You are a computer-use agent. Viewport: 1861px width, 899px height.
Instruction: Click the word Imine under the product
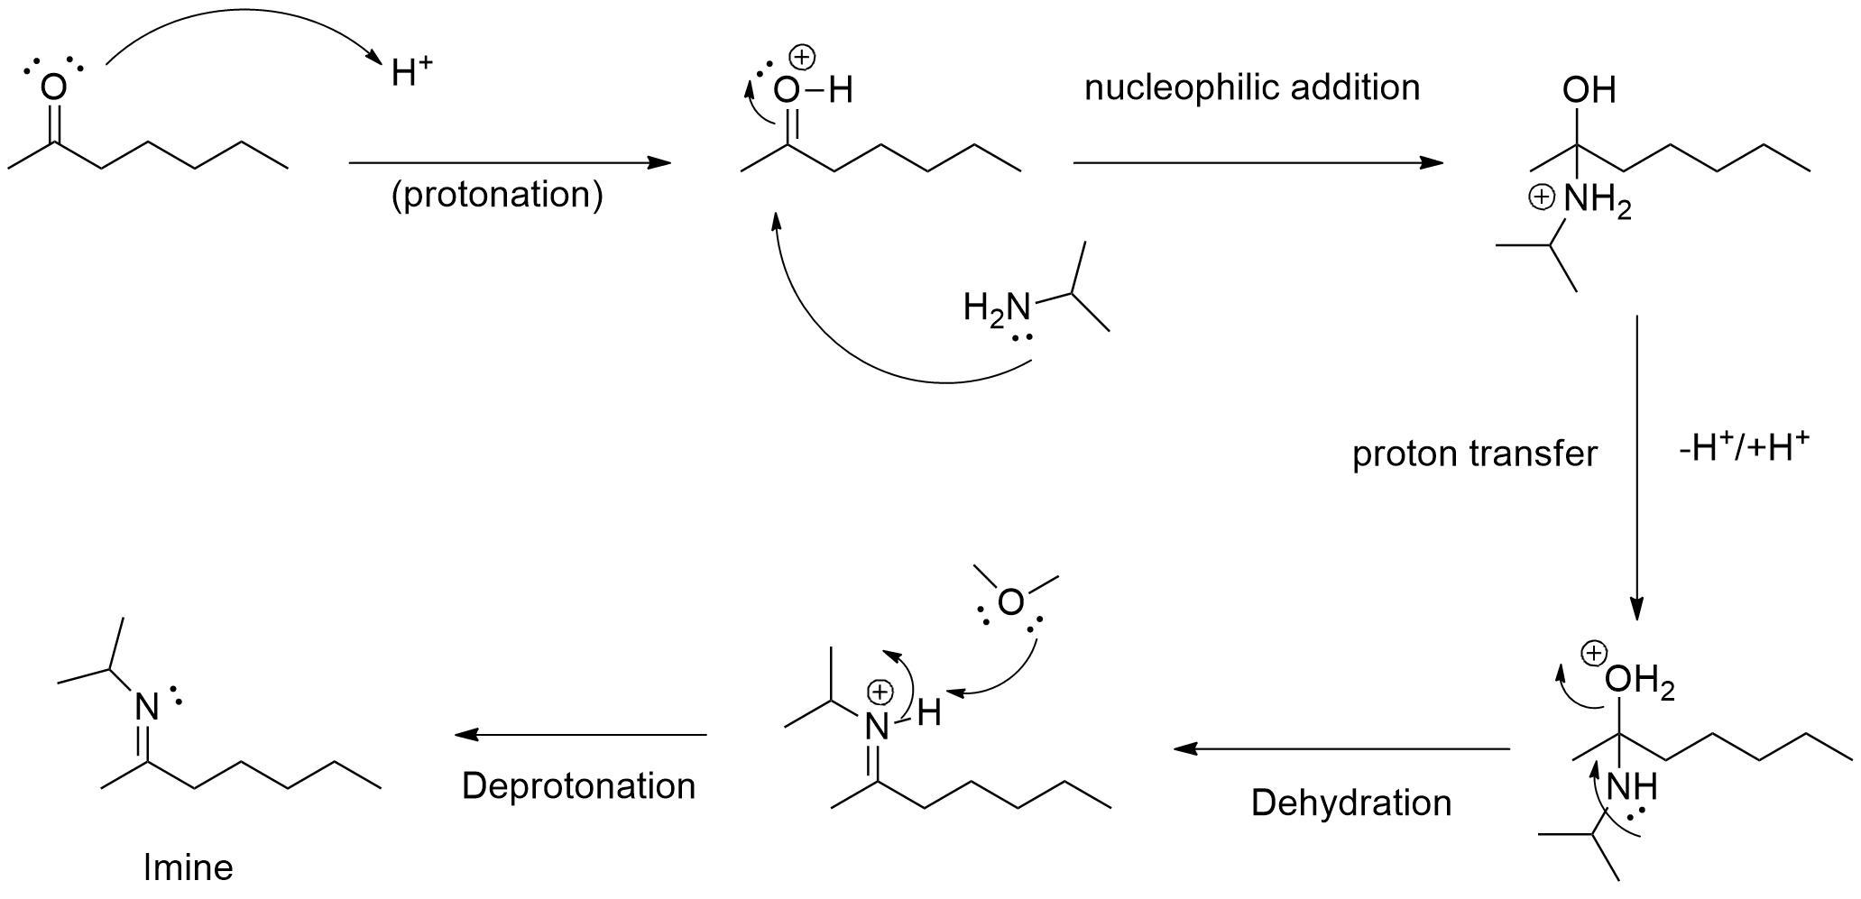click(189, 867)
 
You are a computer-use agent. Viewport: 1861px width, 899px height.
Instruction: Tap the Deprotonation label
click(578, 785)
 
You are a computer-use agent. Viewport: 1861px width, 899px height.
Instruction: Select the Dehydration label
click(1350, 803)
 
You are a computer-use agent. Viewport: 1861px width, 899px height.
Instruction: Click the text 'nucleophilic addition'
click(1251, 87)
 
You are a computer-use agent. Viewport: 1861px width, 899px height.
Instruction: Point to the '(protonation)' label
click(496, 195)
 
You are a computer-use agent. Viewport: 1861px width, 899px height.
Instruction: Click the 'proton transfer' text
click(1474, 454)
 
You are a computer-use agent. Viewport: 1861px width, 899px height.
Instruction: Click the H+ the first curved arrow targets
click(410, 73)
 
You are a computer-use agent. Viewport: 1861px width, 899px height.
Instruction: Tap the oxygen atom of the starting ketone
click(53, 87)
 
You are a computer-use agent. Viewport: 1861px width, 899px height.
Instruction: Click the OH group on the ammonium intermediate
click(1589, 90)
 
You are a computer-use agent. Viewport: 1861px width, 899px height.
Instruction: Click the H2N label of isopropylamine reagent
click(996, 308)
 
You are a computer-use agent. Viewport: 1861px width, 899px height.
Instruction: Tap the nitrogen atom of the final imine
click(146, 707)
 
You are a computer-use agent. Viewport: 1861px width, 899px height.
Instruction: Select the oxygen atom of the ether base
click(1010, 602)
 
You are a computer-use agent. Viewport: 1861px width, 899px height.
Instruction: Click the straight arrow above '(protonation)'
click(510, 163)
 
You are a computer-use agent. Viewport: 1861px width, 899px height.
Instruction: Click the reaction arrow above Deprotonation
click(581, 735)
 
